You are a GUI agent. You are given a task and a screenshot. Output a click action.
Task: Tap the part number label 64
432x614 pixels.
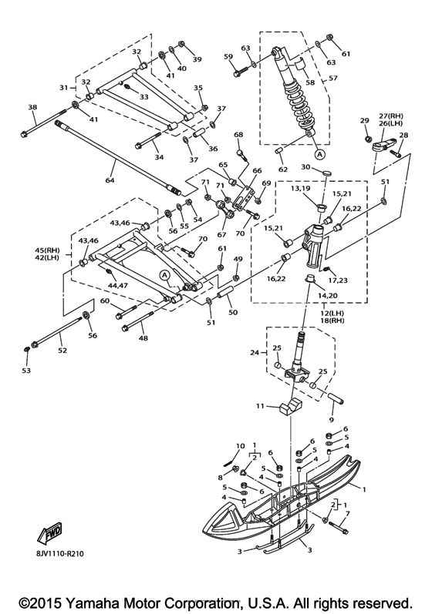click(110, 180)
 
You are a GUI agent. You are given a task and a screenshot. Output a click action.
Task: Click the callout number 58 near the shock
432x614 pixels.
click(310, 82)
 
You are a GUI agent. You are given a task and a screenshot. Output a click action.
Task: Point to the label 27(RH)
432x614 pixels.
click(390, 116)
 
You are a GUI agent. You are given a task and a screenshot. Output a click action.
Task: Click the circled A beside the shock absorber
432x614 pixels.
click(319, 155)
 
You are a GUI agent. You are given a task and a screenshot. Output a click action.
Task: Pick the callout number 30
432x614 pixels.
click(305, 167)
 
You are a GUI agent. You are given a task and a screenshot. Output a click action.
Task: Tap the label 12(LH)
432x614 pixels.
click(328, 314)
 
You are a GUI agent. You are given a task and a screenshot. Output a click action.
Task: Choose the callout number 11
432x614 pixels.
click(261, 406)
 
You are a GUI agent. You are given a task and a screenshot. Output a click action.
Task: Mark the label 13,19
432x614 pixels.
click(301, 187)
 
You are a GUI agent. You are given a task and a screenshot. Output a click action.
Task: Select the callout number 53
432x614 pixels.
click(26, 370)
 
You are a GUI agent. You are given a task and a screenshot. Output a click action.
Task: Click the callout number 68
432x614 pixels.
click(238, 135)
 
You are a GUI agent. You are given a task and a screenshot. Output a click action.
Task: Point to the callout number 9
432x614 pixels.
click(331, 420)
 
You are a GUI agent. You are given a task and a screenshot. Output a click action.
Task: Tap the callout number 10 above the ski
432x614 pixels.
click(241, 445)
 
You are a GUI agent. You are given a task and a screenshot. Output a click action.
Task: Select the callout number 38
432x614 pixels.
click(32, 107)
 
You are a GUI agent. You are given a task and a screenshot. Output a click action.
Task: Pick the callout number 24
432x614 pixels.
click(255, 352)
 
